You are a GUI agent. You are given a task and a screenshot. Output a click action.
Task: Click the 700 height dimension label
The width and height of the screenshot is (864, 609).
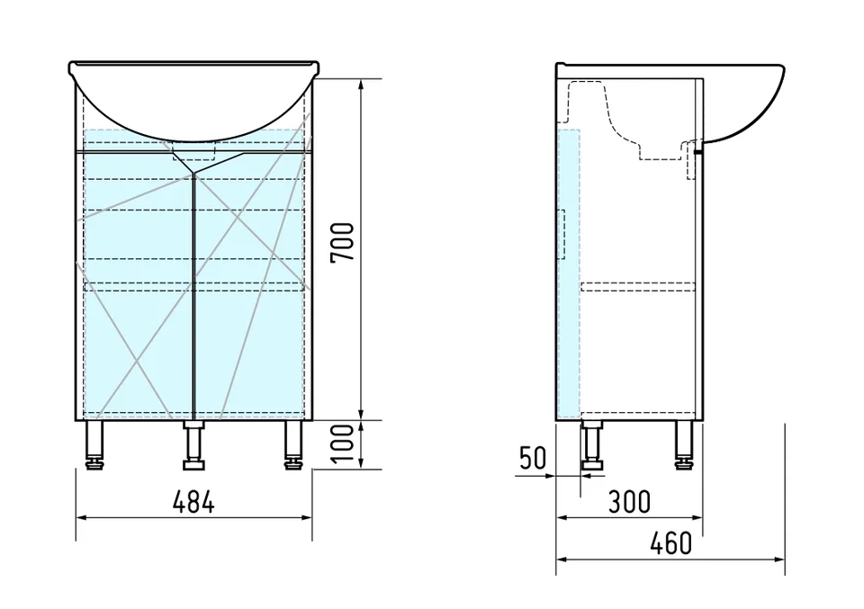coord(342,242)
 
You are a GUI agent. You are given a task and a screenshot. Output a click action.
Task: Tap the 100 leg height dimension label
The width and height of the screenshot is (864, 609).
coord(342,443)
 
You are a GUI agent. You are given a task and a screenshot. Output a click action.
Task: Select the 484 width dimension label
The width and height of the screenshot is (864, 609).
coord(193,502)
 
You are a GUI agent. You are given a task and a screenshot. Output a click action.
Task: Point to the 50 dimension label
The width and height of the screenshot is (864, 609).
coord(532,458)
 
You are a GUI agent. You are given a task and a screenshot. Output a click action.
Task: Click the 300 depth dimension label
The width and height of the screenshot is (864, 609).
coord(629,502)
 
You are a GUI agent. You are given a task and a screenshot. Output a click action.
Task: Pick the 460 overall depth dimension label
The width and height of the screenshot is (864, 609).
coord(670,543)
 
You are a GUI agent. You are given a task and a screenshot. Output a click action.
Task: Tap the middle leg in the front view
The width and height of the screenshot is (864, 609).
coord(193,445)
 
